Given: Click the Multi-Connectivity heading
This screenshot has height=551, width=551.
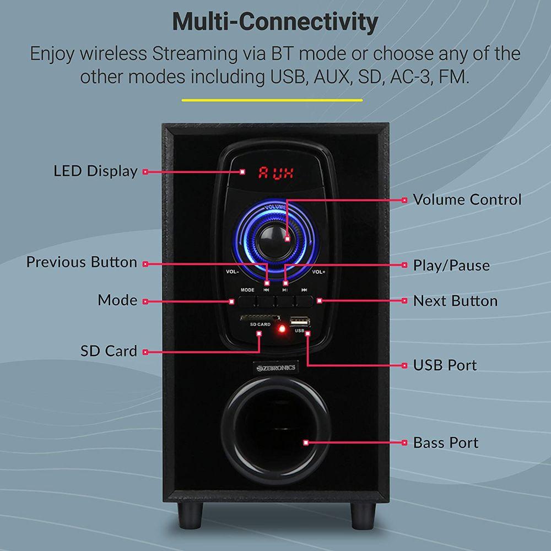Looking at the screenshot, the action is click(x=275, y=23).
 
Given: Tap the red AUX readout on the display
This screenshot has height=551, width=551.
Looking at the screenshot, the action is click(x=276, y=173).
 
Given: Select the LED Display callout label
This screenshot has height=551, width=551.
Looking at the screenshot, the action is click(x=95, y=171).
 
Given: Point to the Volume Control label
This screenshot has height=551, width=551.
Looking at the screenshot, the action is click(x=467, y=199).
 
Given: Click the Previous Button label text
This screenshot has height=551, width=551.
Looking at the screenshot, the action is click(x=82, y=262).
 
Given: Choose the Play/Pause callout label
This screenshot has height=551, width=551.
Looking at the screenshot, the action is click(x=451, y=266).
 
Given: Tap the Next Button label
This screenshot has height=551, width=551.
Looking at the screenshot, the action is click(x=456, y=301).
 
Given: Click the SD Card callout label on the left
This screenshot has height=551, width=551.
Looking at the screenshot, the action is click(x=109, y=350).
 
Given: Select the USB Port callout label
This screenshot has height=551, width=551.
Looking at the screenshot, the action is click(x=445, y=365).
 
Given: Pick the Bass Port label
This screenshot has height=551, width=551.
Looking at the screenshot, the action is click(x=446, y=443).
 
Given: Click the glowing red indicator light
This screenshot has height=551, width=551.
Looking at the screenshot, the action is click(x=282, y=329).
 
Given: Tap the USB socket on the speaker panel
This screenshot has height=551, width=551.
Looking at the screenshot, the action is click(x=300, y=321).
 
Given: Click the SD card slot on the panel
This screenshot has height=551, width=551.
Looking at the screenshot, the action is click(x=260, y=318).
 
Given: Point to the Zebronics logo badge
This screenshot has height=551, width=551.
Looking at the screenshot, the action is click(x=276, y=368).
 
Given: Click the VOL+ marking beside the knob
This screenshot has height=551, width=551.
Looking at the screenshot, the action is click(x=318, y=272).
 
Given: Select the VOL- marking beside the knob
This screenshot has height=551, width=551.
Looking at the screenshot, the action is click(x=233, y=272).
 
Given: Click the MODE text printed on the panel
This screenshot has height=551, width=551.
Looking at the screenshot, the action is click(x=247, y=290).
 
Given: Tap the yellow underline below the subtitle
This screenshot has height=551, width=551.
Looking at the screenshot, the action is click(x=272, y=100).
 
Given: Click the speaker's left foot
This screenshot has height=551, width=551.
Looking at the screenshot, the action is click(x=190, y=515).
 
